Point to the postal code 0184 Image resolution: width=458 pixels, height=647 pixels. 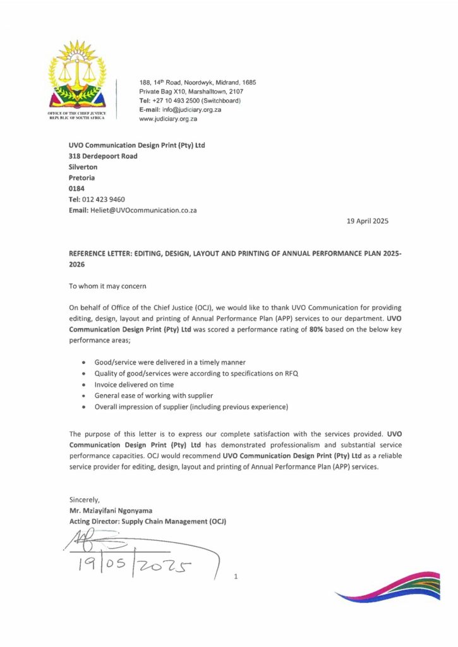pos(76,188)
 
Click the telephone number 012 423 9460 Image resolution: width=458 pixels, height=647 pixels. pos(104,199)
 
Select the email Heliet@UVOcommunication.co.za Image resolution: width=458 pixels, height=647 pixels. pos(143,210)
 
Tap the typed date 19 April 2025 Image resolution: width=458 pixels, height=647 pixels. pos(368,221)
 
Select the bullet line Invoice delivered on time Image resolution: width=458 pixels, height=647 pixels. pos(134,384)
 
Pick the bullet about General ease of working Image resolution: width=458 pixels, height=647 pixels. pos(157,396)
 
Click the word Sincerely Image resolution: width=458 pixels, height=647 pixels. pos(85,500)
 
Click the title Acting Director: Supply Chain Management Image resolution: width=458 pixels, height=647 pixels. pos(148,521)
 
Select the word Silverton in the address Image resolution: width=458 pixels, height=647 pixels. pos(83,167)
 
